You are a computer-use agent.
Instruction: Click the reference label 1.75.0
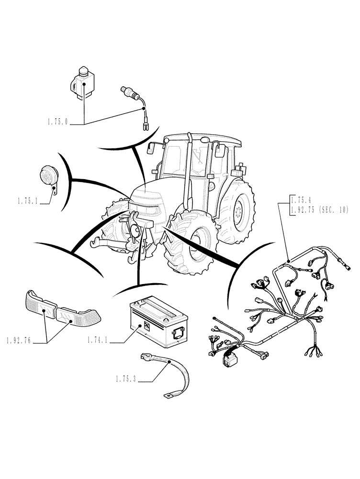(x=58, y=124)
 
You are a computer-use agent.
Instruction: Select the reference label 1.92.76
(x=19, y=341)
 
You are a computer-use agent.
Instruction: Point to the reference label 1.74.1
(x=99, y=341)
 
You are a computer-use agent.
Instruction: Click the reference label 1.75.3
(x=126, y=379)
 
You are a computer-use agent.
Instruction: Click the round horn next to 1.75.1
(x=49, y=176)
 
